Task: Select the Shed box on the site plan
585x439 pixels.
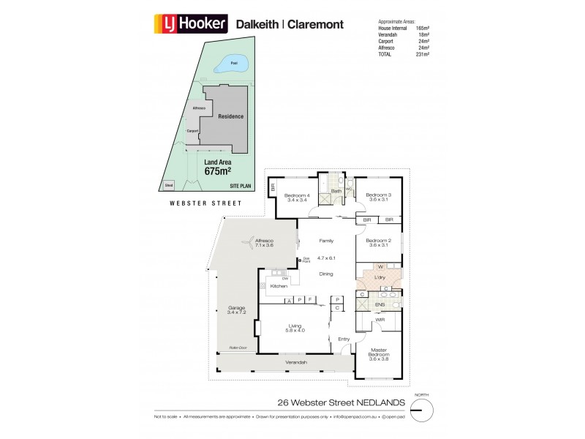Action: click(x=169, y=186)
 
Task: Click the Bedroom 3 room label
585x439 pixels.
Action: click(x=379, y=196)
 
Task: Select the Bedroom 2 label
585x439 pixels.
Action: click(x=379, y=242)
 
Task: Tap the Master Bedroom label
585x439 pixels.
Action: click(x=379, y=353)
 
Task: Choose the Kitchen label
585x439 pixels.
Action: click(x=279, y=286)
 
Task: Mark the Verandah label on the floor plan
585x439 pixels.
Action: click(x=295, y=363)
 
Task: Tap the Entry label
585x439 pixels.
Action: click(x=344, y=339)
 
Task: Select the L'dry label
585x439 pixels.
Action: click(x=380, y=278)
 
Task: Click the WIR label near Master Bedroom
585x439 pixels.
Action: click(x=380, y=320)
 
